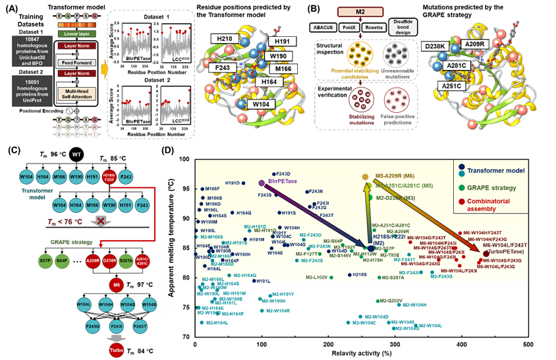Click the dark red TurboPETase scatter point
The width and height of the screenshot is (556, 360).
486,253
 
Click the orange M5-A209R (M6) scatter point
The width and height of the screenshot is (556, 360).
366,177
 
